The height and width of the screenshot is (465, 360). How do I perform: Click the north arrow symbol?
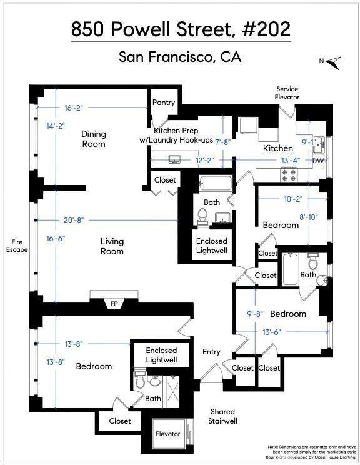click(334, 62)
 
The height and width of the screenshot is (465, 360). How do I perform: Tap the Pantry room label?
click(163, 102)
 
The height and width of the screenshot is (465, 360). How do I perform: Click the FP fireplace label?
click(114, 304)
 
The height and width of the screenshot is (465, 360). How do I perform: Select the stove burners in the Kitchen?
click(289, 174)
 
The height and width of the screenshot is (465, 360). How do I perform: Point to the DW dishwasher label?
click(318, 161)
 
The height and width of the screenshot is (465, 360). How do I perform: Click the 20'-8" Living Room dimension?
click(74, 221)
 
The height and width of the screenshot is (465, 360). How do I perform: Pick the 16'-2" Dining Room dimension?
click(74, 107)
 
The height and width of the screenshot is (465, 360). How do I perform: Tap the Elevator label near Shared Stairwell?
click(167, 434)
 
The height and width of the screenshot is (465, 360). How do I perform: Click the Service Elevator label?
click(287, 93)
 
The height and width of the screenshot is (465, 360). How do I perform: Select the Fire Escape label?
click(17, 246)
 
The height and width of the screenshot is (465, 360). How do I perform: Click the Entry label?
click(211, 352)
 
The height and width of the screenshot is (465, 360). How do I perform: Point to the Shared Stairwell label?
click(222, 416)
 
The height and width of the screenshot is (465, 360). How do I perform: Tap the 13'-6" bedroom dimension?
click(272, 332)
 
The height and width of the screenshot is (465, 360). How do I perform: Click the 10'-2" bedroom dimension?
click(293, 199)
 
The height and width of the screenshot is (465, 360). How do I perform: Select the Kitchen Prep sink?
click(174, 159)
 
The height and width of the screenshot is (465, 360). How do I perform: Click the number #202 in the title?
click(266, 29)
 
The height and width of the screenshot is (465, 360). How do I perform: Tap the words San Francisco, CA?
click(180, 57)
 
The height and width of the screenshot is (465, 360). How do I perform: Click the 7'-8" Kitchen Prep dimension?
click(223, 142)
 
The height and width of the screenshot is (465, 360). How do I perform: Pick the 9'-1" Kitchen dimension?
click(309, 142)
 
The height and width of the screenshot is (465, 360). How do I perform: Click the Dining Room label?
click(94, 139)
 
